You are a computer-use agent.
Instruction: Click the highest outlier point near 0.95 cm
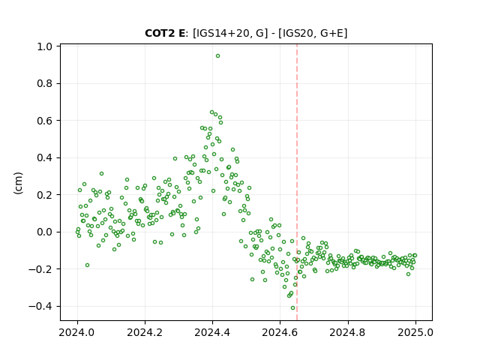point(217,56)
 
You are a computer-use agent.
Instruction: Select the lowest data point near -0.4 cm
point(293,308)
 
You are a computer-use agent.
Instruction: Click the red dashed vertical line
point(297,182)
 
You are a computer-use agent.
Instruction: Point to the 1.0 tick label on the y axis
point(45,46)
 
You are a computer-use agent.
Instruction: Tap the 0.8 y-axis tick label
point(45,83)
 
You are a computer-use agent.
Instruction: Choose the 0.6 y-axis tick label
point(45,121)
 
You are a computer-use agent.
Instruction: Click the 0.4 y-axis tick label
point(45,158)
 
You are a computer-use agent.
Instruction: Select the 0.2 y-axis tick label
point(45,195)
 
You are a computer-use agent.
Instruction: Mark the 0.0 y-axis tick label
point(45,232)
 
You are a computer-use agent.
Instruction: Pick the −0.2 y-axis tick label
point(40,269)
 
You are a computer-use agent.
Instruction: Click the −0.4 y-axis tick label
point(40,307)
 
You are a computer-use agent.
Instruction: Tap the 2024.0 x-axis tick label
point(77,332)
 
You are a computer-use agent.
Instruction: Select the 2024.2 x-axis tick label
point(145,332)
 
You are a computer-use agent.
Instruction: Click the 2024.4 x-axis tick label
point(212,332)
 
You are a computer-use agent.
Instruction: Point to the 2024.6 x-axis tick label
point(280,332)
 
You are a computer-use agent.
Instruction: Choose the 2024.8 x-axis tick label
point(347,332)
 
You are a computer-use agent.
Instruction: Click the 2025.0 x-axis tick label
point(415,332)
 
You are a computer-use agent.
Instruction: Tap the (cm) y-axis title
point(18,183)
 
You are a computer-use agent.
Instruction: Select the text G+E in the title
point(331,33)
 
